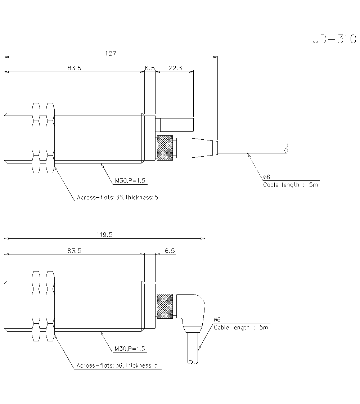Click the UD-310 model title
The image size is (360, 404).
tap(334, 39)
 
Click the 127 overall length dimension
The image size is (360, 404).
tap(111, 53)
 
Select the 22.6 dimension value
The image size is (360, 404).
tap(175, 68)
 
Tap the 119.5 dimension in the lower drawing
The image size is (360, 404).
tap(104, 234)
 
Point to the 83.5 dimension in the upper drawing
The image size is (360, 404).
tap(74, 68)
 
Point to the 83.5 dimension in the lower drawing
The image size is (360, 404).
tap(74, 251)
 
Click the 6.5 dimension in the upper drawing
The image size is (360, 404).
tap(150, 68)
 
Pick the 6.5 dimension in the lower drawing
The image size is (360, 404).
tap(170, 251)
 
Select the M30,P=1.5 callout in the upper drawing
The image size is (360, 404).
tap(130, 181)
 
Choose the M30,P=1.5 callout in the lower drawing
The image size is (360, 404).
tap(130, 349)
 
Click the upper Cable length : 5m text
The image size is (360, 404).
tap(291, 185)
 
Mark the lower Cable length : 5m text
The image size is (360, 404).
tap(241, 327)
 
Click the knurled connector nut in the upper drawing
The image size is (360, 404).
tap(165, 148)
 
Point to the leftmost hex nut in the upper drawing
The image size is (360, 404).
tap(36, 138)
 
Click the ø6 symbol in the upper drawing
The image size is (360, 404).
tap(266, 177)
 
